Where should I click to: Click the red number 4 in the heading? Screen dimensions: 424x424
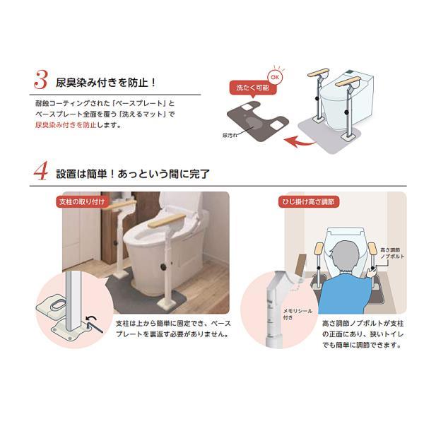tap(40, 172)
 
